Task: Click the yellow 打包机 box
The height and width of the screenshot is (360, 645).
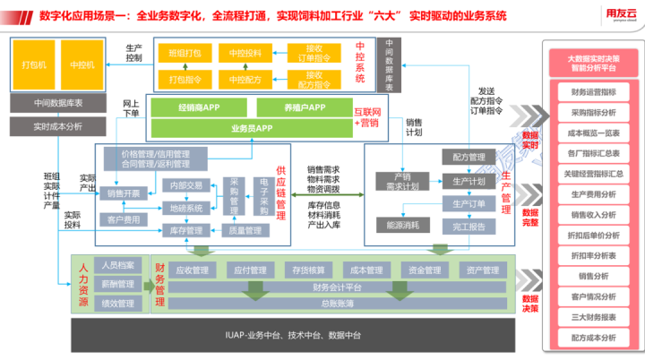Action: click(35, 64)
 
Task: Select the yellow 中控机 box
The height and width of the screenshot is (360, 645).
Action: click(85, 64)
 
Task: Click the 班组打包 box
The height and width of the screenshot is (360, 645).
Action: click(185, 54)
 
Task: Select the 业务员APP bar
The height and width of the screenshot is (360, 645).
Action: click(252, 129)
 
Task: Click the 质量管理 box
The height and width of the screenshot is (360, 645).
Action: click(243, 230)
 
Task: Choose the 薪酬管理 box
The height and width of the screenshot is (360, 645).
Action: click(117, 285)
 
